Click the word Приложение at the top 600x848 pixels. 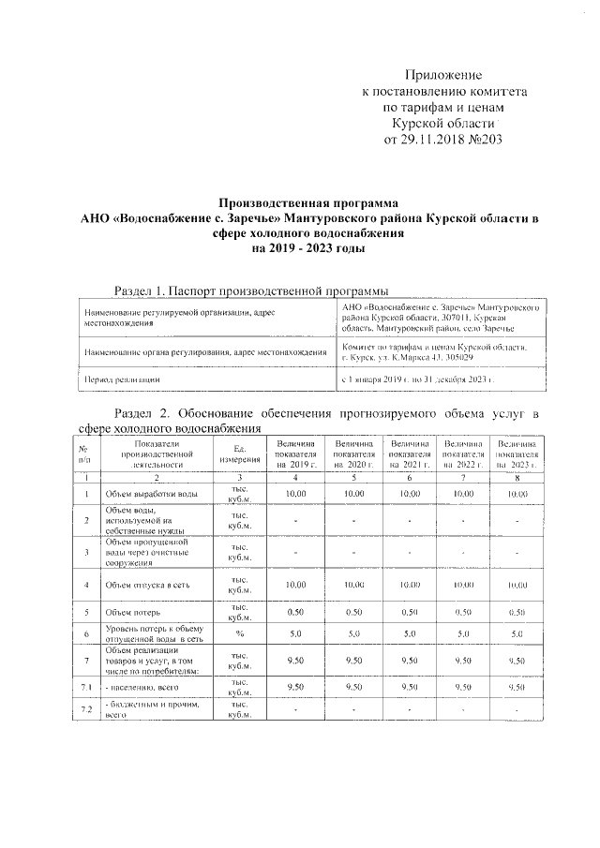tap(444, 74)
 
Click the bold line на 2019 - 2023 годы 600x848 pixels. tap(308, 250)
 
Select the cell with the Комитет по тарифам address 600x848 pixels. tap(436, 352)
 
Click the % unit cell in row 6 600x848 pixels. tap(239, 634)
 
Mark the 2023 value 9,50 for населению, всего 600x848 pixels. tap(517, 687)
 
